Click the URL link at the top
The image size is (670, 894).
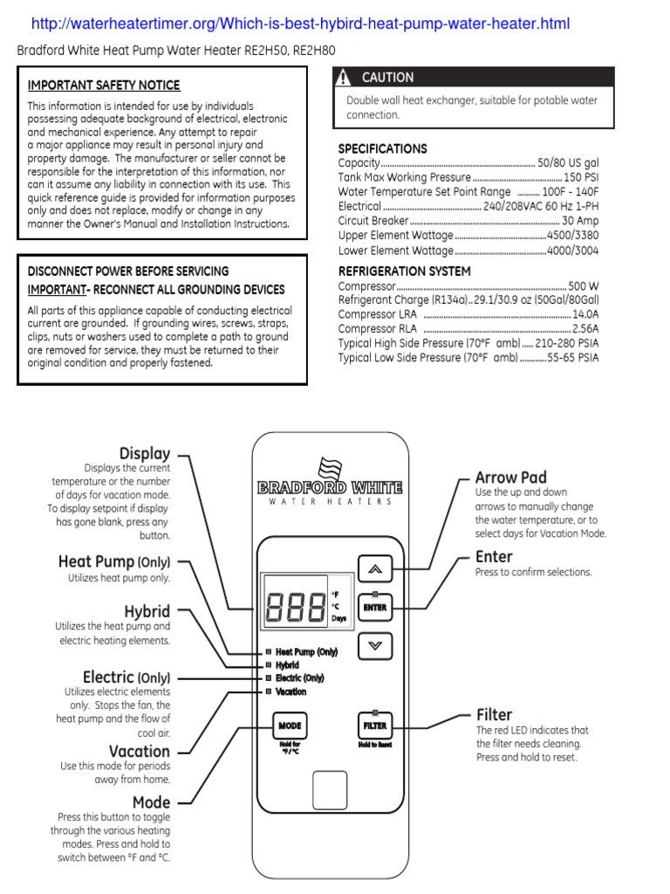click(x=300, y=24)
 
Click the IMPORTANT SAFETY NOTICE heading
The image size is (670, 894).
click(x=104, y=86)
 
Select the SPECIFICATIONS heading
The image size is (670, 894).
click(x=382, y=148)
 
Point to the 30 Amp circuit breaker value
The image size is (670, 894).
click(x=580, y=221)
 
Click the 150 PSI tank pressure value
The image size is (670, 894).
click(x=581, y=178)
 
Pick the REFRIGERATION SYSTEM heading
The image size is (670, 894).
click(x=404, y=272)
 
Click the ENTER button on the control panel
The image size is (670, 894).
click(x=375, y=607)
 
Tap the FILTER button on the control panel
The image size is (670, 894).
click(x=374, y=726)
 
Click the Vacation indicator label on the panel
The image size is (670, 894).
click(x=291, y=691)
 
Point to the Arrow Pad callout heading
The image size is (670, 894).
click(x=510, y=478)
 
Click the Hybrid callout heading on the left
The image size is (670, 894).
click(x=147, y=611)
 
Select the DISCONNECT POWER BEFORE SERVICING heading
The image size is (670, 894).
click(x=128, y=272)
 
